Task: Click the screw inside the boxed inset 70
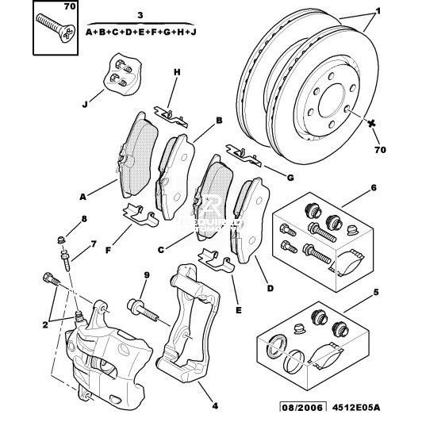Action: [56, 28]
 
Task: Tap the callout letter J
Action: [85, 104]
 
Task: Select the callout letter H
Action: [177, 72]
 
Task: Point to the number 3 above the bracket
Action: [140, 15]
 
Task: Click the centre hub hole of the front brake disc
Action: [332, 100]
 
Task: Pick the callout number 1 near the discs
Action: [378, 11]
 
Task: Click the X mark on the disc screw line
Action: [372, 124]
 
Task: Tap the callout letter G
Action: [290, 178]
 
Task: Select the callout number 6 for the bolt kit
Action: [374, 187]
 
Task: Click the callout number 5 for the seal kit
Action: [376, 292]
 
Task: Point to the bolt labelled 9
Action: [143, 311]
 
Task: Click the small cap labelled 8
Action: [62, 239]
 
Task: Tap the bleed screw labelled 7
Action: [66, 260]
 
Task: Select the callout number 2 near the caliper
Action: [45, 325]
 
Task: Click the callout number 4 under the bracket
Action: [215, 406]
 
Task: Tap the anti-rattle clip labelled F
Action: [140, 214]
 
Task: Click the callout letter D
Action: [270, 288]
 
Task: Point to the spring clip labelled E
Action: [217, 259]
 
